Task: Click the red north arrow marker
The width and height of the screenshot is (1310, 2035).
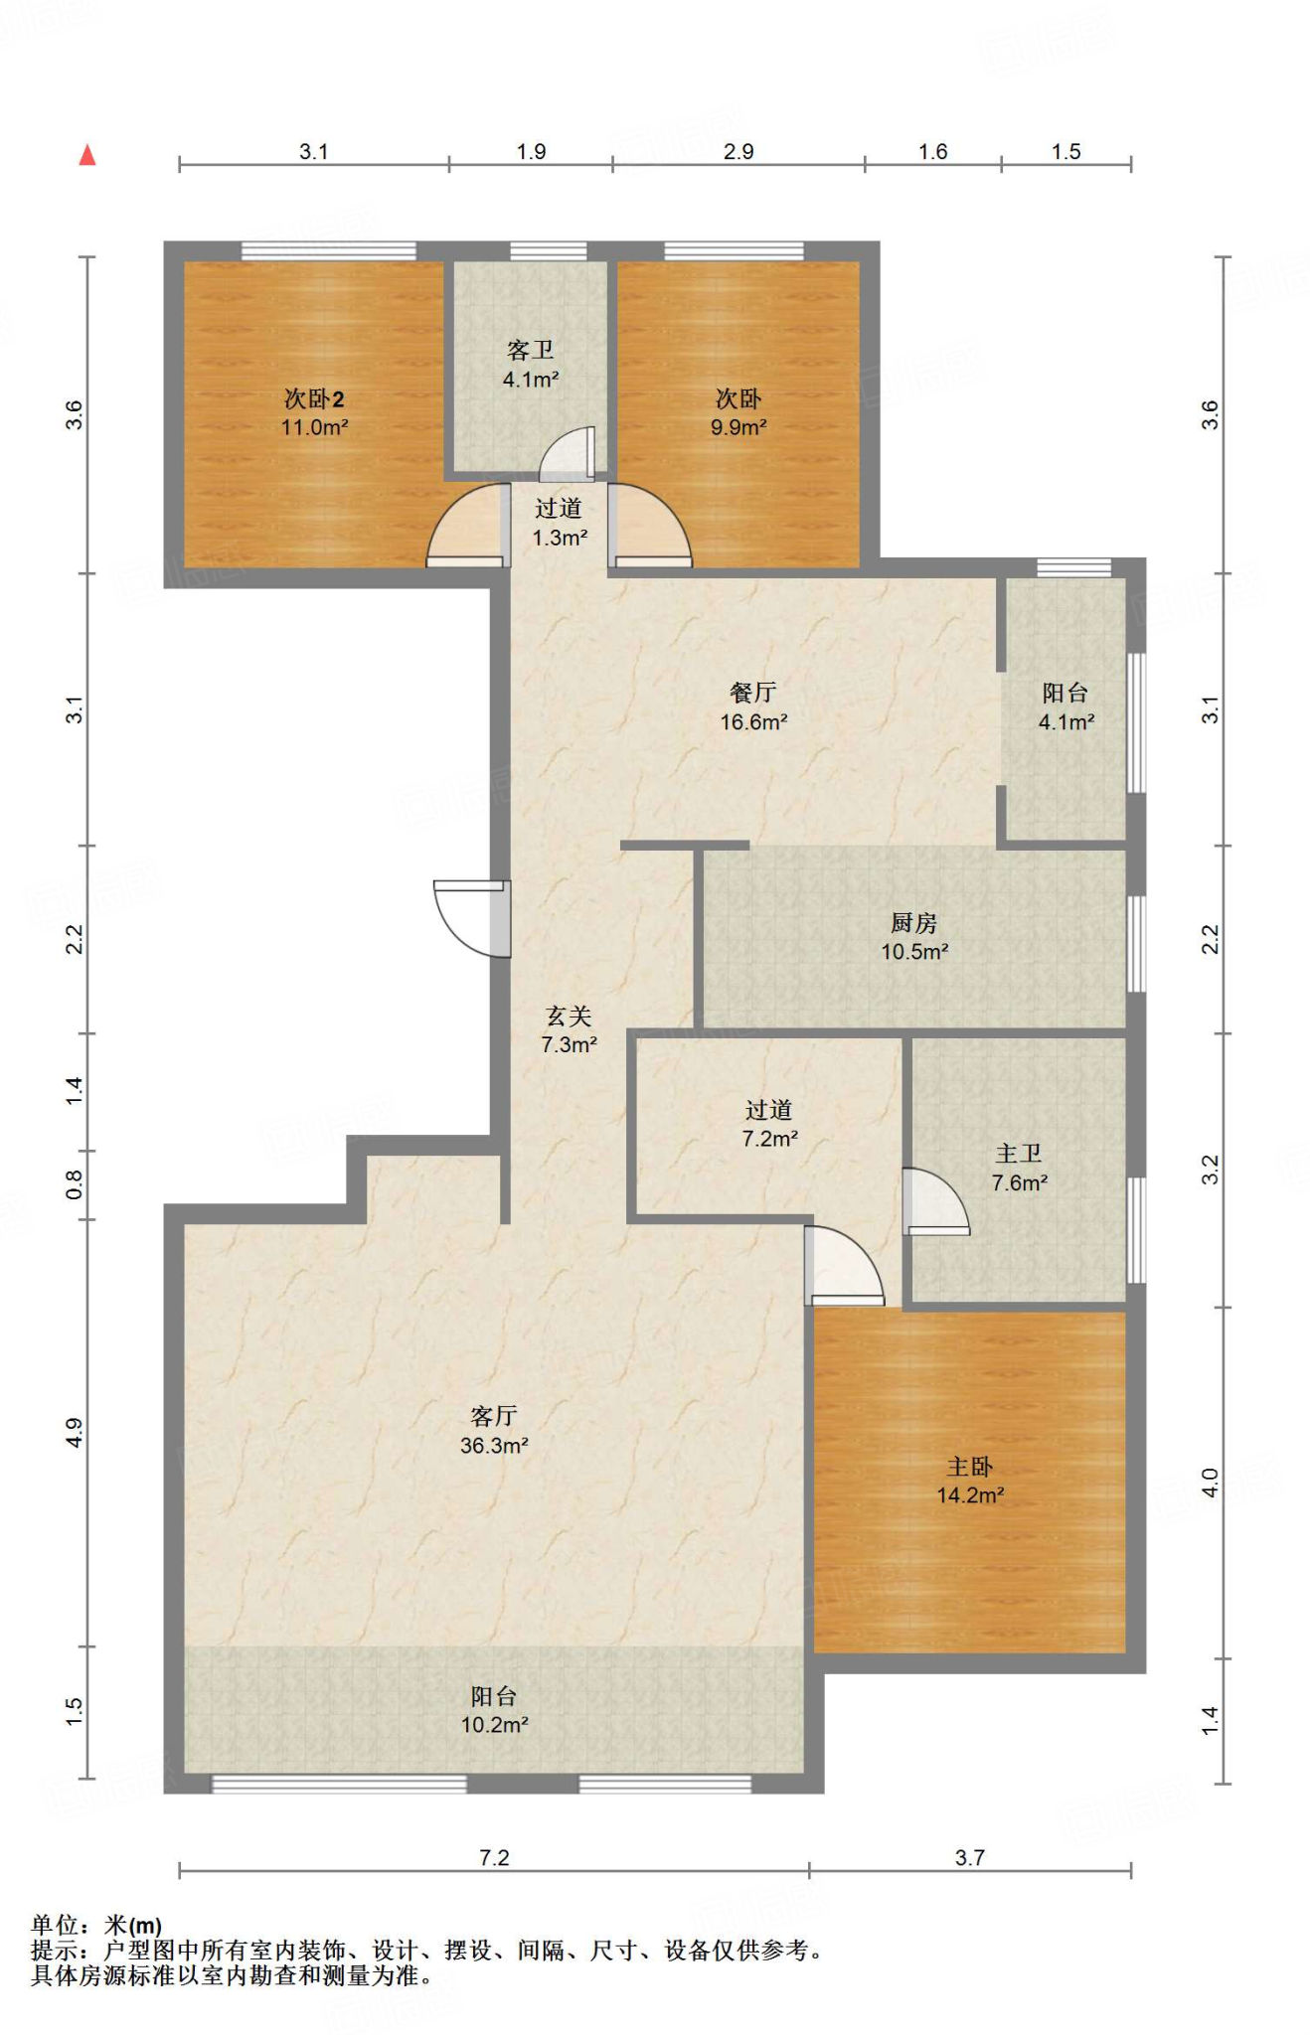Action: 87,154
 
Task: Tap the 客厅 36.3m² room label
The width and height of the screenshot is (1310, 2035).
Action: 494,1431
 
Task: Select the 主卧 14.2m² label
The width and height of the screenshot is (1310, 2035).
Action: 970,1481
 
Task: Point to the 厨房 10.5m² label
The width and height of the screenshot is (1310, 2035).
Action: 914,937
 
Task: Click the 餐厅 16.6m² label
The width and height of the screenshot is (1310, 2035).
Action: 753,707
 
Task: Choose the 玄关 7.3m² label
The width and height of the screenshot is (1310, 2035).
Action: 569,1030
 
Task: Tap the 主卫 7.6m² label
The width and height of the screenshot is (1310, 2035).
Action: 1020,1168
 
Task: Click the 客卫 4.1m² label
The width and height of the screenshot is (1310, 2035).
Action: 531,365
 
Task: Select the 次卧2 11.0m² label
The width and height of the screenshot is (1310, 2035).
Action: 314,413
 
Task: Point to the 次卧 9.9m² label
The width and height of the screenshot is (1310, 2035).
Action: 738,413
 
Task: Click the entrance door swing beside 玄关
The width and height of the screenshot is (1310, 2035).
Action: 473,919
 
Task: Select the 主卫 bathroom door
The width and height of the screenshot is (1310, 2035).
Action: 936,1201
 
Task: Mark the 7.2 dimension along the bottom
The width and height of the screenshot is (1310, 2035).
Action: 494,1857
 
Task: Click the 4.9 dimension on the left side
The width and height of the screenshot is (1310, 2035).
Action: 75,1432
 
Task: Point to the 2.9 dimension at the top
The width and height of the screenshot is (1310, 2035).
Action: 738,151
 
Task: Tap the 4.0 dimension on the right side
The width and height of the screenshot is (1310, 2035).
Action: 1210,1483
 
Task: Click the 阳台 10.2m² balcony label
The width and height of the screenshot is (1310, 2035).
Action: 494,1710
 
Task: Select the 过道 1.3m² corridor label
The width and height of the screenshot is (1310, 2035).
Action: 560,523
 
